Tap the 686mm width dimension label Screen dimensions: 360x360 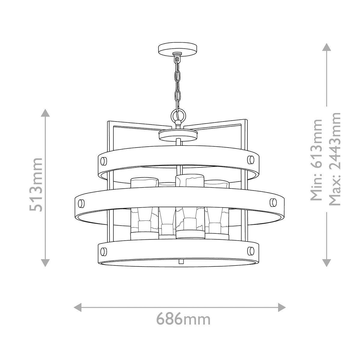tap(183, 319)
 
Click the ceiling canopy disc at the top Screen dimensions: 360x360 tap(178, 49)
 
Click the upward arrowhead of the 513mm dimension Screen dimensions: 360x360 tap(45, 114)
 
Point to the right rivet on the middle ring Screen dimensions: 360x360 tap(272, 201)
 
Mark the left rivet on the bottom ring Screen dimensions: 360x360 tap(104, 250)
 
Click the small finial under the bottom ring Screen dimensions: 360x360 tap(181, 261)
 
